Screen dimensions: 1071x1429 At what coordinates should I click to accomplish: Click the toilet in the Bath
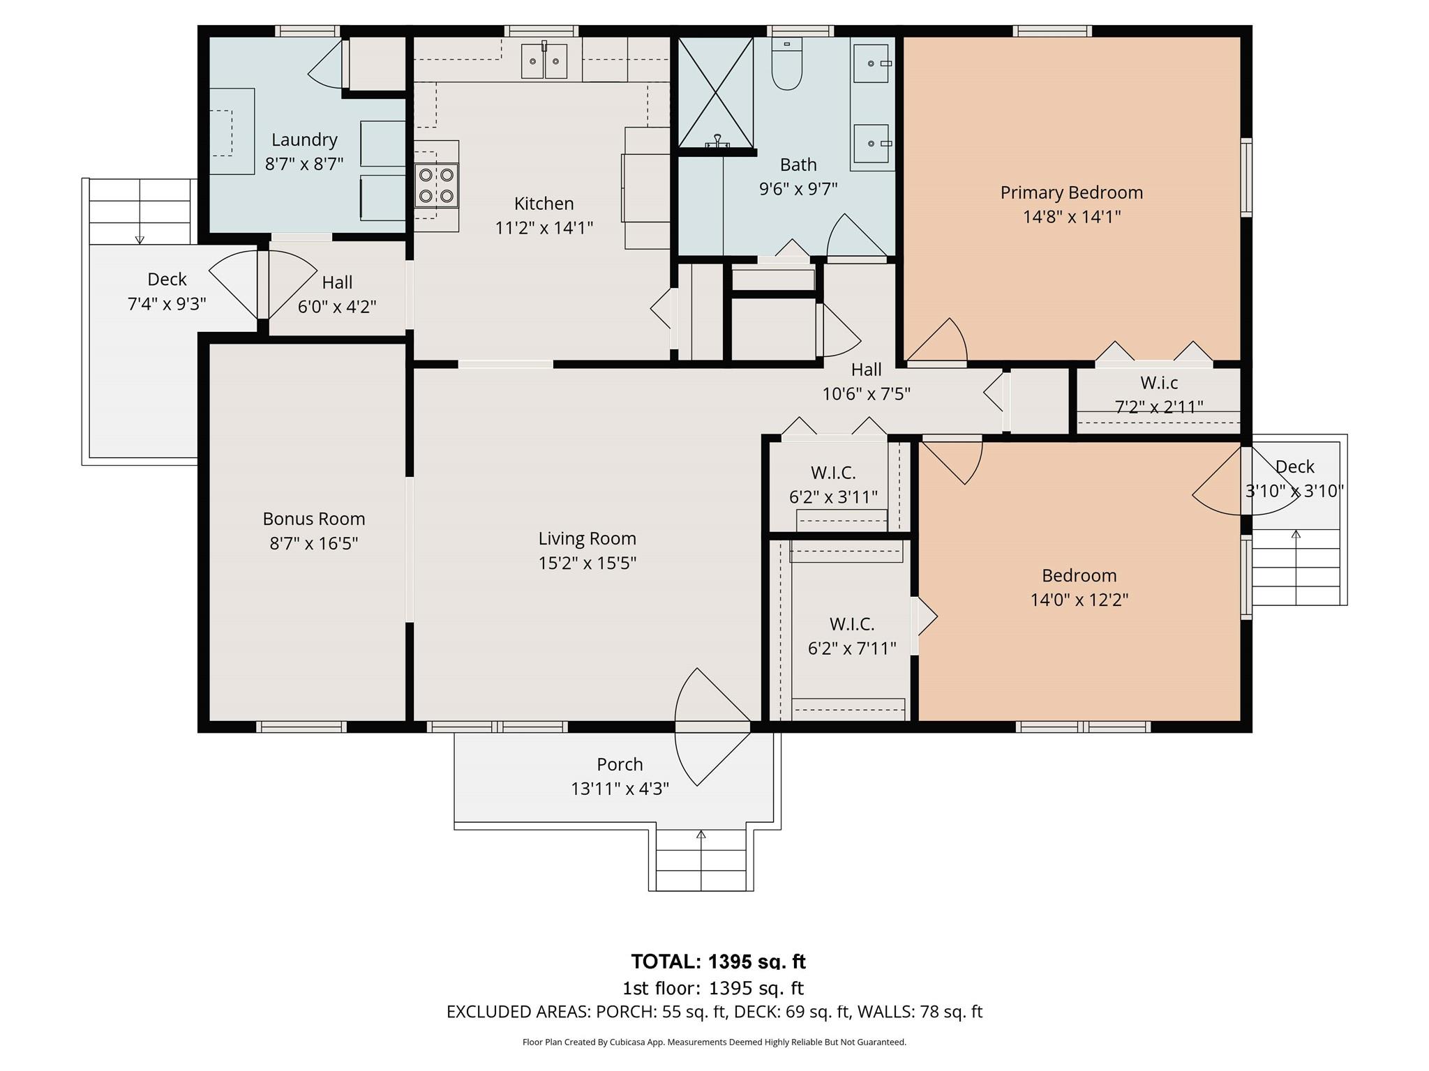[x=787, y=66]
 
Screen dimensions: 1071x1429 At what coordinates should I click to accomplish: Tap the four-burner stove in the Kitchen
[x=436, y=185]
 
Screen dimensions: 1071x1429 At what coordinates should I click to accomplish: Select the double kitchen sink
[x=544, y=62]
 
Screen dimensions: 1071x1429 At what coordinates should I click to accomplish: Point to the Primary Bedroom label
[x=1071, y=192]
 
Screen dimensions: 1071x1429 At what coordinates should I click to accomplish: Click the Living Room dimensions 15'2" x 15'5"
[x=587, y=563]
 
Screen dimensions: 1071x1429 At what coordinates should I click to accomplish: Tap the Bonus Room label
[x=313, y=519]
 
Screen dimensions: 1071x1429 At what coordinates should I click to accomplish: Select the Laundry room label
[x=304, y=139]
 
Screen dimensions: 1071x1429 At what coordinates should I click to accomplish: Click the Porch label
[x=620, y=764]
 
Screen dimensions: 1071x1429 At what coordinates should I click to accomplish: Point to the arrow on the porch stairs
[x=701, y=835]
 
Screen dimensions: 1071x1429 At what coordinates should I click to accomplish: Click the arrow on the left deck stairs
[x=140, y=239]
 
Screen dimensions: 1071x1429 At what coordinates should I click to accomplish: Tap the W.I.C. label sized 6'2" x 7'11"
[x=851, y=624]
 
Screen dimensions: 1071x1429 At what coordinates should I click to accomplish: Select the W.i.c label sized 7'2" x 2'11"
[x=1159, y=383]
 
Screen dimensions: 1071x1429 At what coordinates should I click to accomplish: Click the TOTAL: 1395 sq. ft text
[x=718, y=962]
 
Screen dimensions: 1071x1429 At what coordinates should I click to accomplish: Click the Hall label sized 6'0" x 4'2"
[x=337, y=282]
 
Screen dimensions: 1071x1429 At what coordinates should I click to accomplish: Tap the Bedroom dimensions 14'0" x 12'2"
[x=1079, y=600]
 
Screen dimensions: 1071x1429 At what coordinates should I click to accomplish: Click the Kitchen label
[x=544, y=204]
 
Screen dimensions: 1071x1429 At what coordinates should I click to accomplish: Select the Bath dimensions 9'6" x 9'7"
[x=798, y=188]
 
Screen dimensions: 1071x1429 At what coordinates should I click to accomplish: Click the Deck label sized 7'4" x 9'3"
[x=167, y=280]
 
